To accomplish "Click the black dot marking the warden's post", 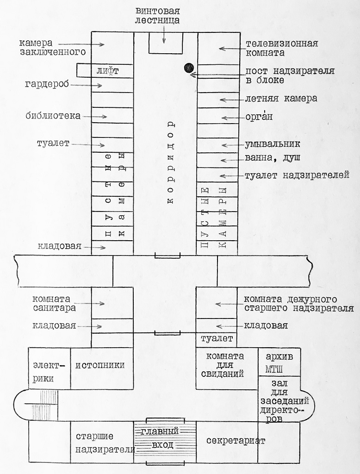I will pos(188,68).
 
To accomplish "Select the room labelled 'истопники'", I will pos(100,365).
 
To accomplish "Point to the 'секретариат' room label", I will pos(236,440).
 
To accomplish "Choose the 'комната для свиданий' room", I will pos(225,365).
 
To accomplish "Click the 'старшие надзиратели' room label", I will pos(102,443).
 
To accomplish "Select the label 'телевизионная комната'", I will pos(281,48).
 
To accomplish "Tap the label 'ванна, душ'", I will pos(273,158).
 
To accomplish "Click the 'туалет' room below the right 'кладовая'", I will pos(217,339).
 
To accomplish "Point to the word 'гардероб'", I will pos(47,84).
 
